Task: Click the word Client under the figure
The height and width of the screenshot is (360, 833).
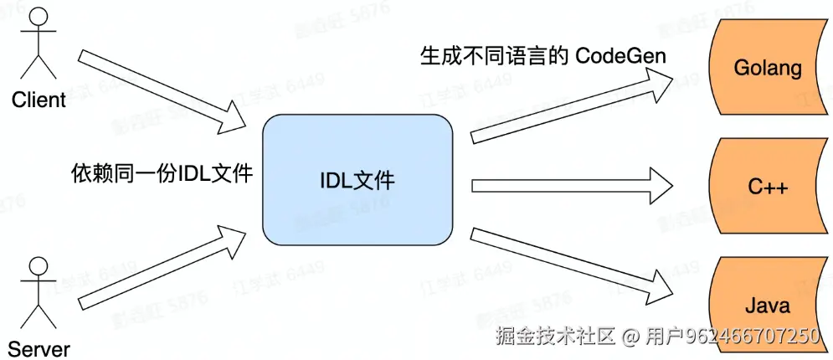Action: point(39,100)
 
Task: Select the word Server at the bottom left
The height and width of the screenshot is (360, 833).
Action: point(39,349)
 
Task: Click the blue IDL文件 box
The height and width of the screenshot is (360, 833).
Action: point(357,181)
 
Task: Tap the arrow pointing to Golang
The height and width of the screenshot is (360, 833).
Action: point(573,105)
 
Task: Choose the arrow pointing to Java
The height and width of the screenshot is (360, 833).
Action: point(573,264)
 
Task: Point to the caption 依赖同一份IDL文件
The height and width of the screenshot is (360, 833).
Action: point(162,173)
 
